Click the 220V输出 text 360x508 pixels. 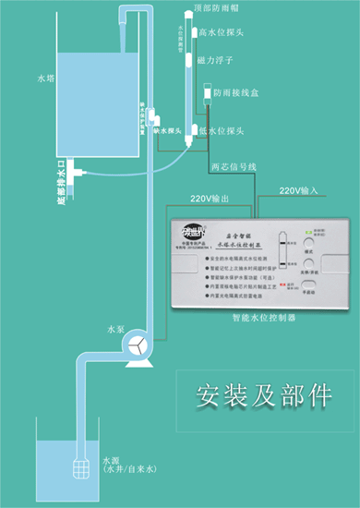pos(210,199)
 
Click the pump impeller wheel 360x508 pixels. pos(138,344)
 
